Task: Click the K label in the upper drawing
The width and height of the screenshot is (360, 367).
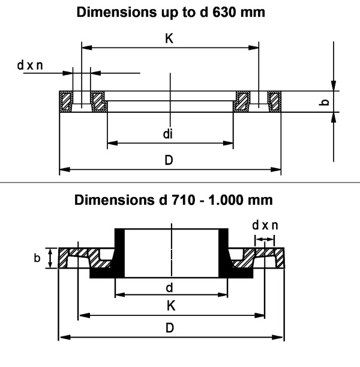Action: click(169, 38)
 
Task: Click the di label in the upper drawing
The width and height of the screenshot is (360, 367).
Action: click(168, 134)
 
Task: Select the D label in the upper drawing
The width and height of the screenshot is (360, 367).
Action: click(169, 160)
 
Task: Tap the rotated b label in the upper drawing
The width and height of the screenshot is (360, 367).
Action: click(324, 102)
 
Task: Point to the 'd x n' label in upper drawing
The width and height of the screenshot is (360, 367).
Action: click(30, 65)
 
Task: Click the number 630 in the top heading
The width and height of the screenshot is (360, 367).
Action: click(223, 12)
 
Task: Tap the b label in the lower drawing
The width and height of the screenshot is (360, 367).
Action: click(37, 258)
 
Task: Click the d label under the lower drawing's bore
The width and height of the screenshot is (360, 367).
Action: click(169, 287)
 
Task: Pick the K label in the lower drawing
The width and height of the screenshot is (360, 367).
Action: click(171, 306)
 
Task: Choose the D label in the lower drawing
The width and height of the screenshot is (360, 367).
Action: click(170, 328)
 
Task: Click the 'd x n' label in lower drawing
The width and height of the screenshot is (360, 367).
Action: click(265, 225)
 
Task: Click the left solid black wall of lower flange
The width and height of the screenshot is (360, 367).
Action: click(119, 253)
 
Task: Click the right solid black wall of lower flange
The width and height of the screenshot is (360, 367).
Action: click(223, 253)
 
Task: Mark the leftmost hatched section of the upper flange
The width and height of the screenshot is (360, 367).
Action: click(66, 102)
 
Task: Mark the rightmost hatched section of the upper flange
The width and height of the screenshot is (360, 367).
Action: click(274, 102)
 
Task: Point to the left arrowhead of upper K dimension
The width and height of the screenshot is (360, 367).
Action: click(87, 47)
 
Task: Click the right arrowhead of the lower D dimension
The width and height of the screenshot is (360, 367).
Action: click(278, 338)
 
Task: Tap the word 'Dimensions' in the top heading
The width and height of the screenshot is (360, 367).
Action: click(117, 12)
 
